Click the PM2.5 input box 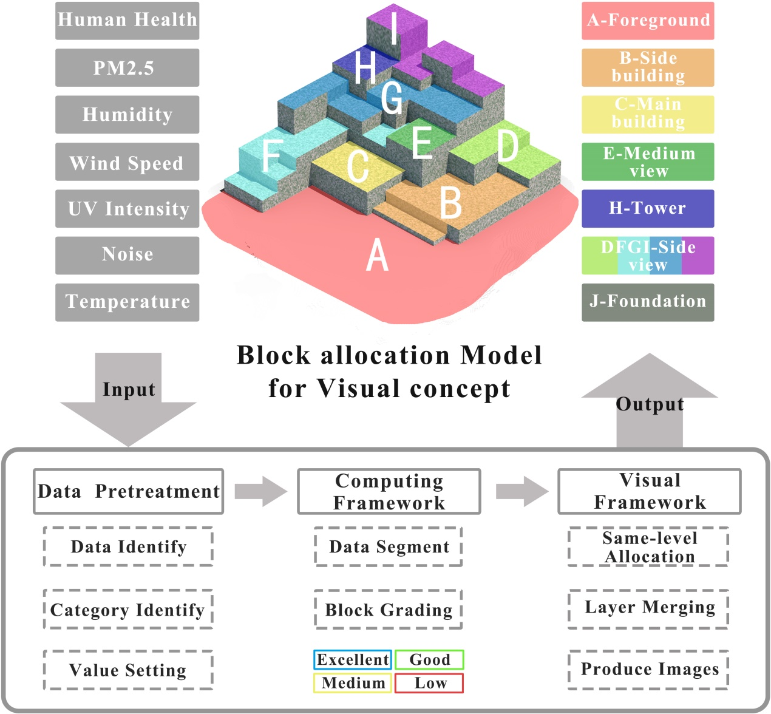click(127, 67)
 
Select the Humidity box click(127, 114)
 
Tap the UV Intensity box click(127, 208)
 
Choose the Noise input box click(127, 255)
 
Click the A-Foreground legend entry click(648, 21)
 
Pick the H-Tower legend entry click(648, 208)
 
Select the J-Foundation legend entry click(648, 302)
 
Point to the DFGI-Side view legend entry click(648, 256)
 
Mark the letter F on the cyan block click(271, 155)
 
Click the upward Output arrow click(650, 401)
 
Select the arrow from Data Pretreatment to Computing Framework click(260, 491)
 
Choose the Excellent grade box click(353, 660)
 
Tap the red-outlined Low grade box click(429, 683)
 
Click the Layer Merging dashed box click(648, 608)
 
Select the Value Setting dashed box click(128, 670)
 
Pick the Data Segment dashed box click(389, 547)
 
